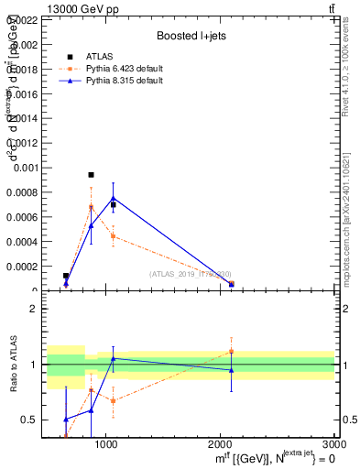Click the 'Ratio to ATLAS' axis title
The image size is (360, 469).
14,365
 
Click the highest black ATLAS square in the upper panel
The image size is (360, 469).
91,174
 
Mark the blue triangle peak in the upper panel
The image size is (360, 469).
113,198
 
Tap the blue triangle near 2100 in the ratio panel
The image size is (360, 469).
231,370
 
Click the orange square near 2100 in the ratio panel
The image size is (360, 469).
231,351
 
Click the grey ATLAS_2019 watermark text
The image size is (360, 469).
191,274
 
